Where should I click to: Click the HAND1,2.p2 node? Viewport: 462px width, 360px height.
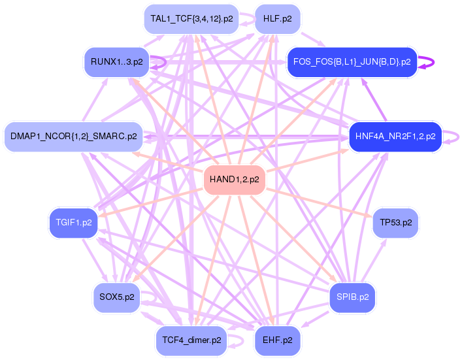[234, 179]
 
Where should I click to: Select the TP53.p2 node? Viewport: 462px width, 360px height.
[395, 223]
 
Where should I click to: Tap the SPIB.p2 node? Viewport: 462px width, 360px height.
[352, 297]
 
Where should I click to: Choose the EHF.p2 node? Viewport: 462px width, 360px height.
[277, 340]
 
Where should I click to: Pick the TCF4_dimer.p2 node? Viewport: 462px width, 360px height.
[191, 340]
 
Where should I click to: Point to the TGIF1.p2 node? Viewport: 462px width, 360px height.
[73, 223]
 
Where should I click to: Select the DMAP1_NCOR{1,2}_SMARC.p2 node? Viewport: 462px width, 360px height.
[73, 137]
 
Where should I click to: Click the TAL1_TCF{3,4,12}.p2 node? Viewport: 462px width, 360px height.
[191, 19]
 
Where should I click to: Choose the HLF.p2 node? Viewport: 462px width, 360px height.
[277, 19]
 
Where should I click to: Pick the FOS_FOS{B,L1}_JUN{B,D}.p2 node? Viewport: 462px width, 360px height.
[352, 62]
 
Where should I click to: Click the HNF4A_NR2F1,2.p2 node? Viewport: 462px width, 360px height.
[395, 137]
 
